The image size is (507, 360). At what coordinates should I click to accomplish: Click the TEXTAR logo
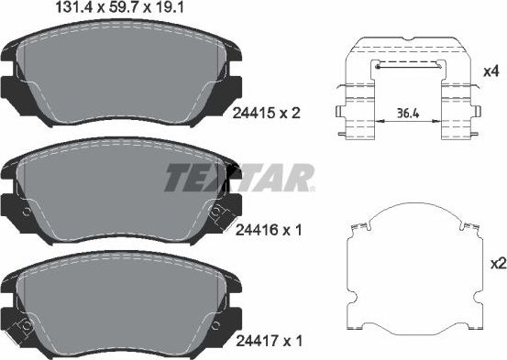(x=240, y=177)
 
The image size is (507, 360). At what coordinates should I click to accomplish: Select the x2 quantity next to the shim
(x=496, y=264)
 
